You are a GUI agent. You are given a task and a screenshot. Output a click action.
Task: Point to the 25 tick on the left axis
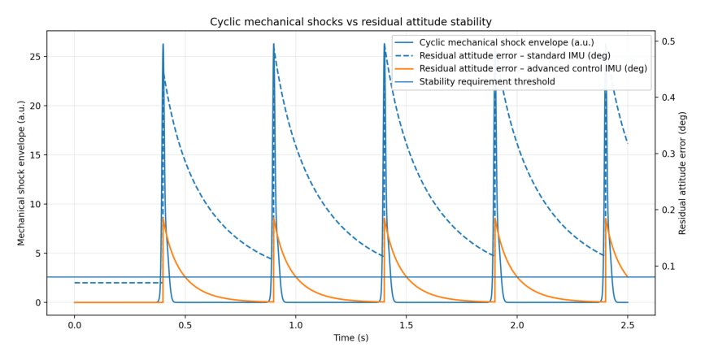click(36, 56)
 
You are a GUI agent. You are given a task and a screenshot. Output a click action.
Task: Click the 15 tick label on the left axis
click(36, 154)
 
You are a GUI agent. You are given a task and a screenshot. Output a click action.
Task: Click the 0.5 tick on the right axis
click(669, 41)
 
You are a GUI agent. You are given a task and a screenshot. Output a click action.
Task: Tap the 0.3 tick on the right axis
click(669, 154)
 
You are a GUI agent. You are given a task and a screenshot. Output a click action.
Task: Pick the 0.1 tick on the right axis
click(669, 266)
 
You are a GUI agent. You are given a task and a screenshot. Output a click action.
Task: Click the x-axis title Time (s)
click(350, 338)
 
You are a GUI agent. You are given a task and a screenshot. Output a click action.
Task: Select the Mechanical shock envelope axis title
click(22, 172)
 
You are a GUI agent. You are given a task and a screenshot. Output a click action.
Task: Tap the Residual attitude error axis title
click(683, 172)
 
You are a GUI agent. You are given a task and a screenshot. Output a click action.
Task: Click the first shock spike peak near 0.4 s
click(163, 45)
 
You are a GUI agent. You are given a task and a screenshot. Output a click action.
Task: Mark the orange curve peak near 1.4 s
click(385, 218)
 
